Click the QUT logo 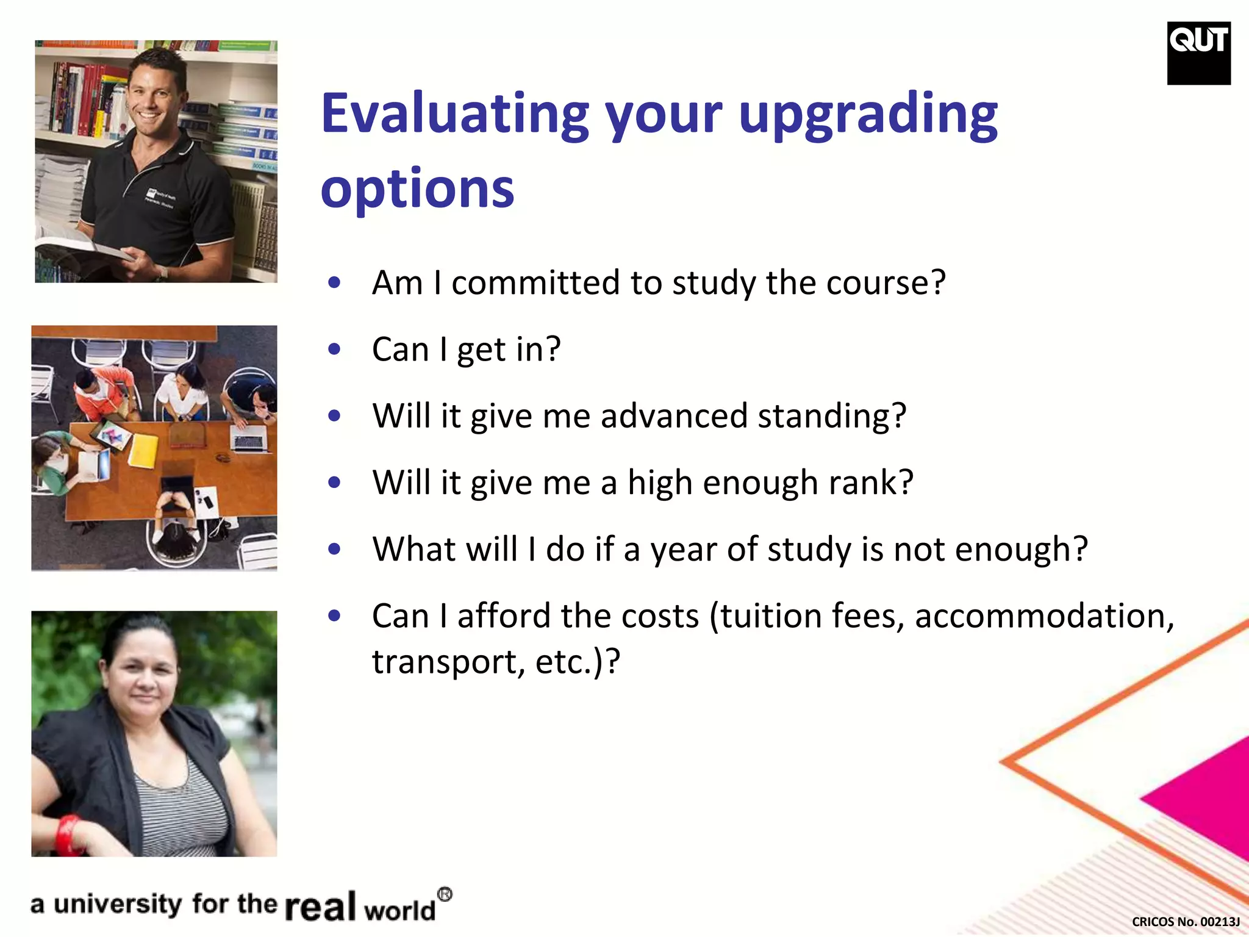point(1198,53)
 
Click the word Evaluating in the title point(454,114)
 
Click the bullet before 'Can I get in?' point(334,350)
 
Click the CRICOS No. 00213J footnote point(1185,921)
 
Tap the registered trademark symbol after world point(445,894)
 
